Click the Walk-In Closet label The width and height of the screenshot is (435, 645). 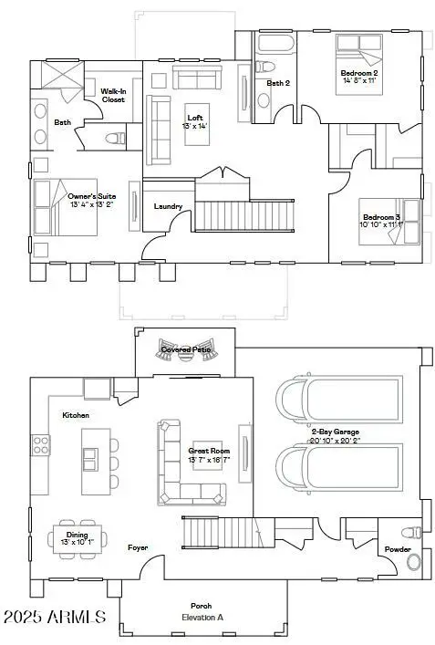(x=113, y=95)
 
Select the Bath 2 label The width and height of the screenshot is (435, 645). (x=278, y=83)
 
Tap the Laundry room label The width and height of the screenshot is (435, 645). (x=168, y=206)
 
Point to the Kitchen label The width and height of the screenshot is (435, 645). (x=76, y=415)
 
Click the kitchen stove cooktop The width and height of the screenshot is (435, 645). (x=41, y=445)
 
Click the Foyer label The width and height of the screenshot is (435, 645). (x=137, y=547)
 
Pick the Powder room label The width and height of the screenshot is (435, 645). (x=397, y=549)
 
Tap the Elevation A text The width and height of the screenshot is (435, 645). (x=201, y=617)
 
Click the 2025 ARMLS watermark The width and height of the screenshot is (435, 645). (x=54, y=617)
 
